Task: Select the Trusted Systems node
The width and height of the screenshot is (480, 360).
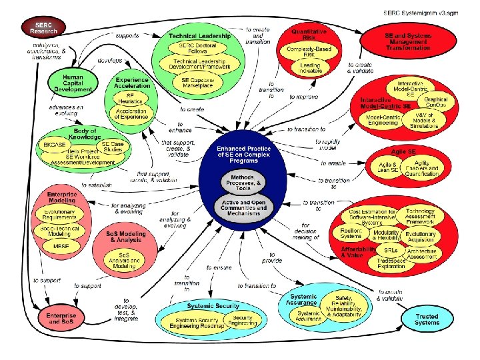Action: click(x=427, y=319)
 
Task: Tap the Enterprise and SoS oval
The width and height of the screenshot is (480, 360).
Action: click(x=61, y=318)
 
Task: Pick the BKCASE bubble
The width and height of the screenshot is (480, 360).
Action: click(x=55, y=145)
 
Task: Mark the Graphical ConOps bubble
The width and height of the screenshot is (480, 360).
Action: click(x=437, y=103)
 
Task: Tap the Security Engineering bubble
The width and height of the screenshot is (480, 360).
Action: click(x=243, y=320)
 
